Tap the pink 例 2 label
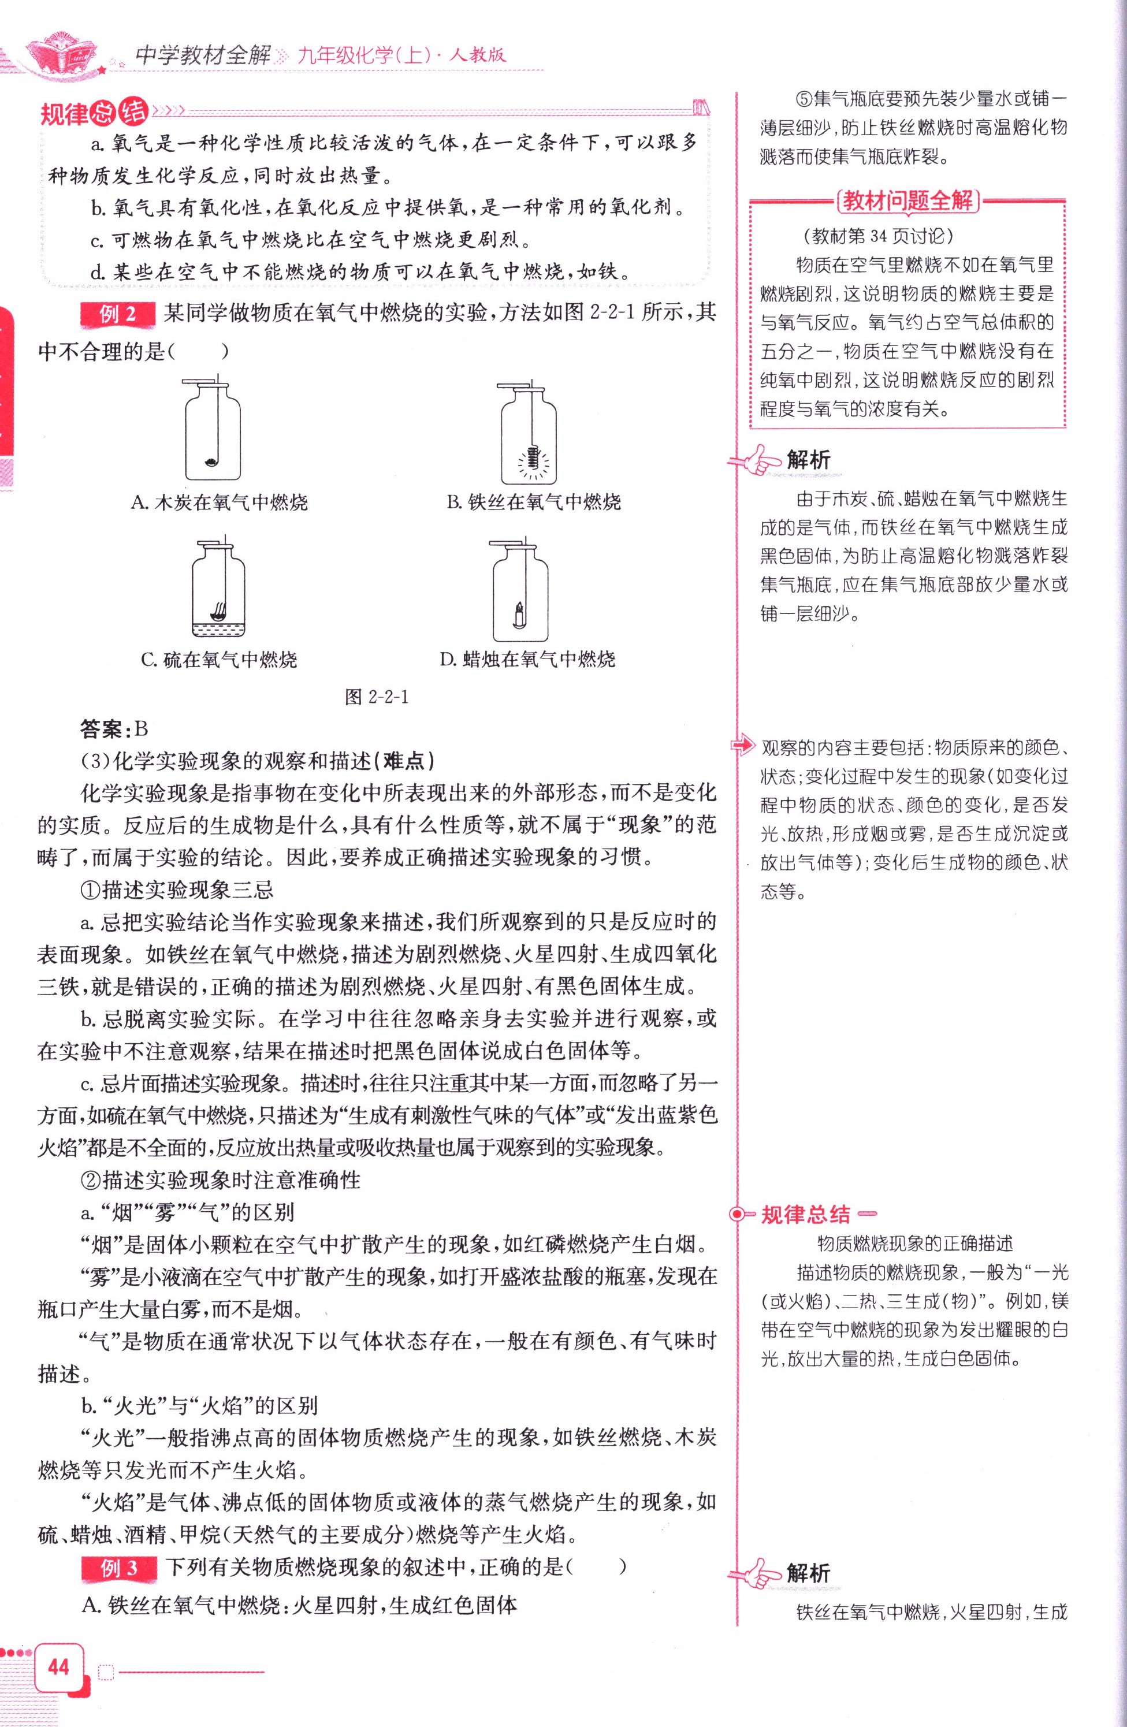(118, 314)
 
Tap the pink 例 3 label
(119, 1568)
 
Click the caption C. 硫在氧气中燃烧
(219, 660)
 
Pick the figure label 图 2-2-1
(377, 697)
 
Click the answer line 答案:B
(114, 728)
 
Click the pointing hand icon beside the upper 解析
(756, 459)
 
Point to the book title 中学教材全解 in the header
(204, 56)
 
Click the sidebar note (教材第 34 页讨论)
(878, 236)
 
